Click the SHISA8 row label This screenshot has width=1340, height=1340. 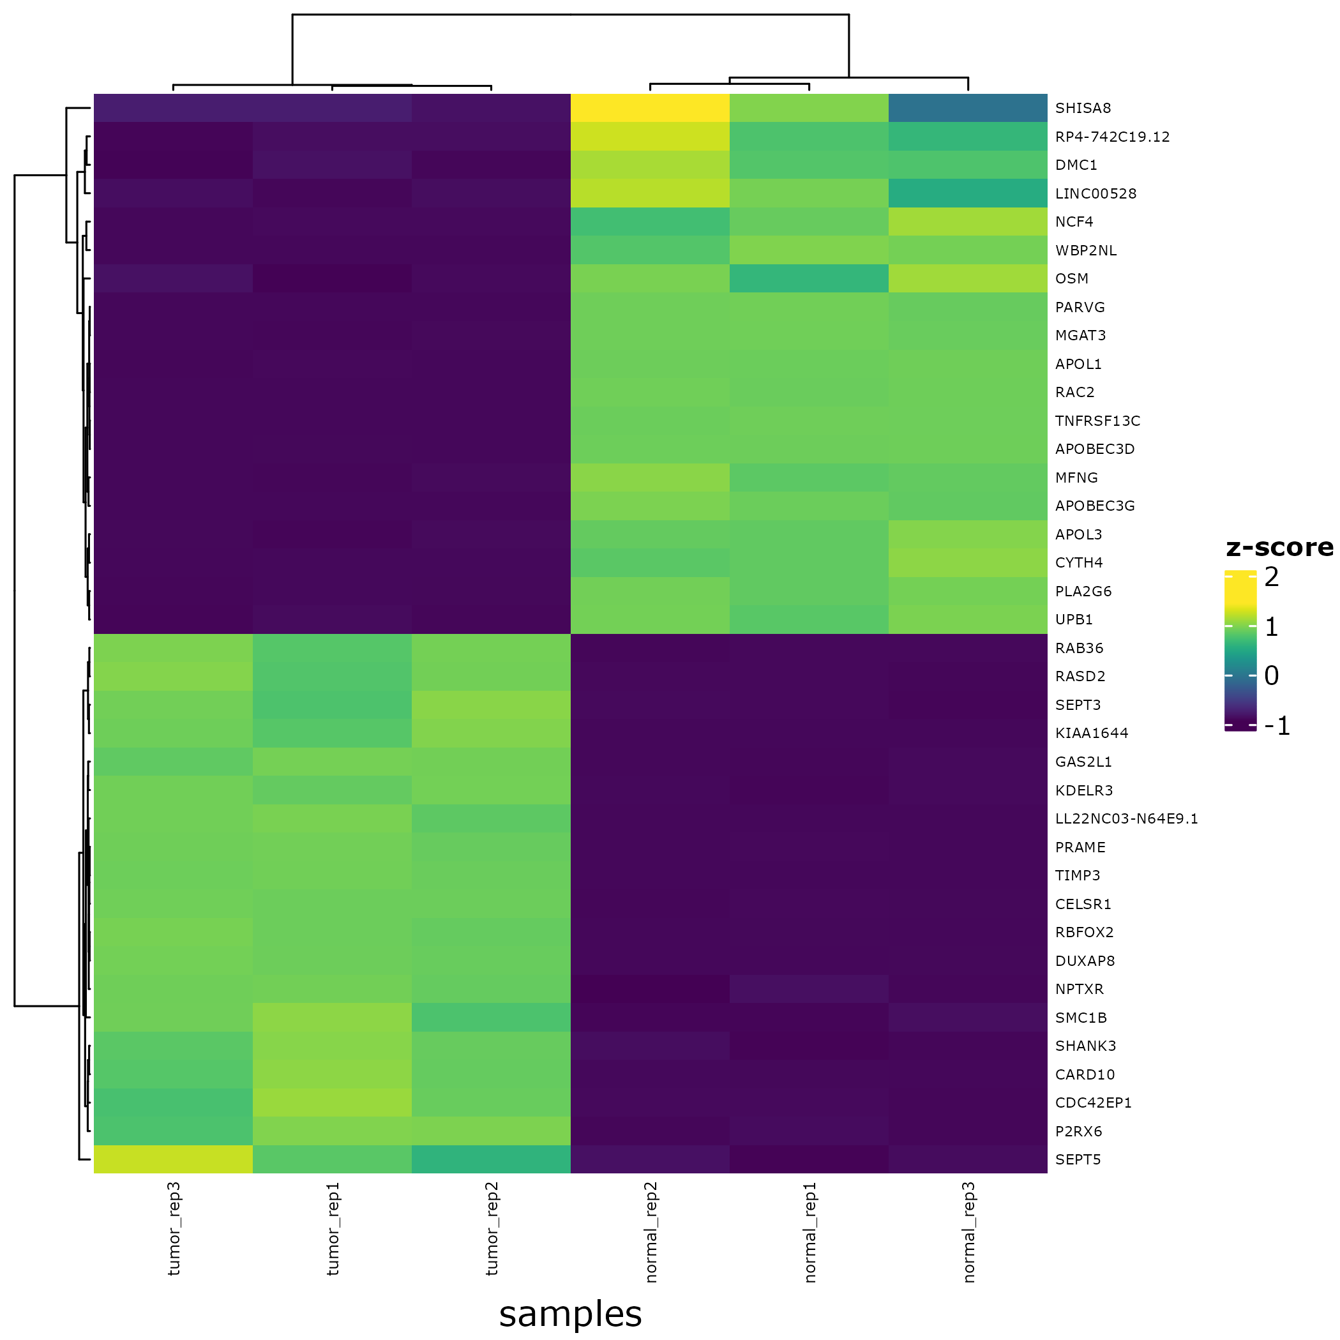pos(1083,108)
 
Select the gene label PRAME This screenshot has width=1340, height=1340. pos(1080,848)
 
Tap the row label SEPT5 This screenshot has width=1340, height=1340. pos(1078,1160)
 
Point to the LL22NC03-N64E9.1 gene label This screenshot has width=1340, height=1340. pos(1126,819)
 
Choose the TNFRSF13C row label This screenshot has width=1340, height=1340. pos(1097,421)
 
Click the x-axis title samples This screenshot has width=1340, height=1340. pos(570,1314)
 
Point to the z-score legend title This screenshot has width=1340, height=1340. pos(1279,548)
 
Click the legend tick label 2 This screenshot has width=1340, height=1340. pos(1271,577)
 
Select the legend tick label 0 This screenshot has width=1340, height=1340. pos(1271,675)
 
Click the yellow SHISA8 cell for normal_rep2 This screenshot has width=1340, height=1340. pos(650,108)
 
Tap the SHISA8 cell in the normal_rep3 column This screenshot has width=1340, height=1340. pos(968,108)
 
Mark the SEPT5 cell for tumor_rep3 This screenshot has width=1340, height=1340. pos(174,1160)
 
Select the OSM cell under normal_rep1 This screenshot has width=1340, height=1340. pos(809,279)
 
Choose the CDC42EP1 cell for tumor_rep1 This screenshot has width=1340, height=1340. pos(332,1103)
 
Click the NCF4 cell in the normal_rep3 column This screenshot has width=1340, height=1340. pos(968,222)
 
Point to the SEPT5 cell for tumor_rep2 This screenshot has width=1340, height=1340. pos(491,1160)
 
